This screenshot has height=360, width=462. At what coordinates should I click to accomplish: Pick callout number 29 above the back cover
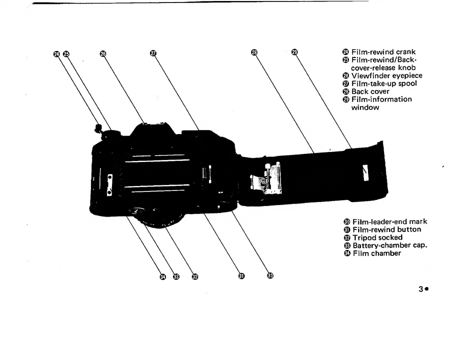pyautogui.click(x=294, y=52)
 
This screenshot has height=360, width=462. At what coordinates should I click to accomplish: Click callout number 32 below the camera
pyautogui.click(x=195, y=277)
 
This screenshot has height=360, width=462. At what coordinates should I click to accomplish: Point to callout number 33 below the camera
pyautogui.click(x=175, y=277)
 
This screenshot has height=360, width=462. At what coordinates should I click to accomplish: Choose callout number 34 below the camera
pyautogui.click(x=162, y=277)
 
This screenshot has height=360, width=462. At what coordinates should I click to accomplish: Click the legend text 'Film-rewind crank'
pyautogui.click(x=383, y=52)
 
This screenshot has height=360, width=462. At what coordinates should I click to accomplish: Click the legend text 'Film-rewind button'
pyautogui.click(x=386, y=229)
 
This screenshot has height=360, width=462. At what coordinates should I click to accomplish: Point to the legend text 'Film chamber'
pyautogui.click(x=376, y=253)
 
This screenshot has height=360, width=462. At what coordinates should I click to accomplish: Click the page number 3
pyautogui.click(x=421, y=289)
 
